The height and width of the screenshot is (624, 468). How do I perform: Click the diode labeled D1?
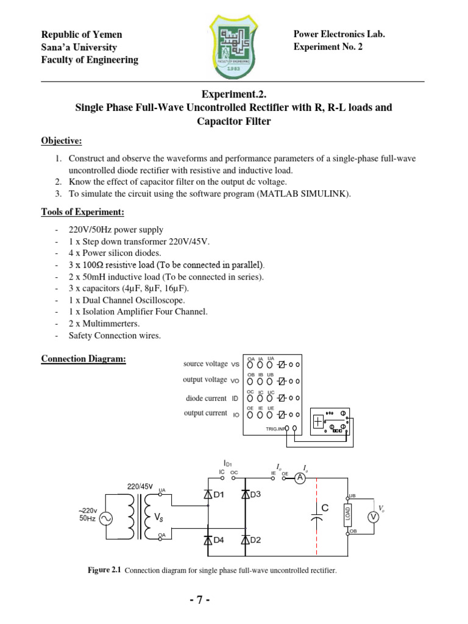(x=208, y=495)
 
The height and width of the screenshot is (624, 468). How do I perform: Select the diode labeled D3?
(x=245, y=495)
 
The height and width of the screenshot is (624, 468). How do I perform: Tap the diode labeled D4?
(x=208, y=539)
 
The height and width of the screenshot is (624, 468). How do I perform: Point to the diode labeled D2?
(x=245, y=539)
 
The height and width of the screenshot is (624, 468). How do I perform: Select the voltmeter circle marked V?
(x=374, y=517)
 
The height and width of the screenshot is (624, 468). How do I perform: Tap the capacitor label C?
(x=325, y=507)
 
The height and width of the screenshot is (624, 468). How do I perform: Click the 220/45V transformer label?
(x=140, y=487)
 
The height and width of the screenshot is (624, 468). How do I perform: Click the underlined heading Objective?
(x=62, y=141)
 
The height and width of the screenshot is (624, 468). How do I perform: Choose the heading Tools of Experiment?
(x=83, y=212)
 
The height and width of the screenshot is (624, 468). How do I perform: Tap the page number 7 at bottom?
(x=199, y=600)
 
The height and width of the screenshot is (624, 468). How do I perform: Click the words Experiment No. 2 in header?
(x=328, y=47)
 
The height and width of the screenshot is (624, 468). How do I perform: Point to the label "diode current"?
(x=207, y=399)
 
